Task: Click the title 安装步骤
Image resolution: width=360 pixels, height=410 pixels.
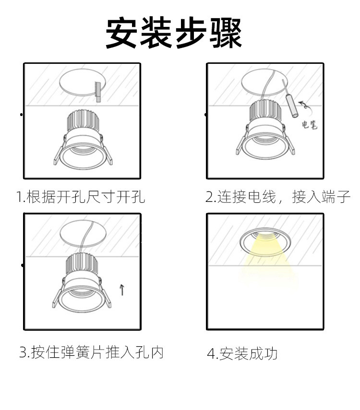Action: click(174, 33)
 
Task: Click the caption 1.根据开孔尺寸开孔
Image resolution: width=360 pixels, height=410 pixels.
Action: click(80, 197)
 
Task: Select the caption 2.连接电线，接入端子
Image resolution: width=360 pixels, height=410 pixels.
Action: click(277, 197)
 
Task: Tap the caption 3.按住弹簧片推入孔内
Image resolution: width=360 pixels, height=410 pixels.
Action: click(91, 352)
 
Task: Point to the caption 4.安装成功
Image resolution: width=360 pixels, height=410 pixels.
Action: click(242, 353)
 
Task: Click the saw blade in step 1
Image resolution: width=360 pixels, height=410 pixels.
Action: click(97, 92)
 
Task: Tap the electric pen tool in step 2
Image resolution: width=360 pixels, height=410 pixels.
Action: click(290, 99)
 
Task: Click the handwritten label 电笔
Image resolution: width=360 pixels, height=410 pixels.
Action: click(309, 125)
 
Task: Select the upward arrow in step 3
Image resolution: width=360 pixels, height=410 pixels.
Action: click(122, 290)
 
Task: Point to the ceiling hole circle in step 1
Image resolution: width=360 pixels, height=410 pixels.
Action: click(83, 82)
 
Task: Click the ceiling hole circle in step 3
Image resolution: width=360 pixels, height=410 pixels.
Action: click(83, 234)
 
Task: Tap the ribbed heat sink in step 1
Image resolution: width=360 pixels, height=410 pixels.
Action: click(84, 120)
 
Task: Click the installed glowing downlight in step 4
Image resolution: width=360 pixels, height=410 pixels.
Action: click(265, 244)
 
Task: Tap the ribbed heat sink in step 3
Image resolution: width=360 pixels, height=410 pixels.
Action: click(82, 264)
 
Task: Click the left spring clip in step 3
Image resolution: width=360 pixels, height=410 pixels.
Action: click(59, 294)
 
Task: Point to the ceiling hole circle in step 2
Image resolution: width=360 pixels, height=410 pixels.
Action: click(264, 82)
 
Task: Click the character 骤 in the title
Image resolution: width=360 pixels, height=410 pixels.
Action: click(226, 33)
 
